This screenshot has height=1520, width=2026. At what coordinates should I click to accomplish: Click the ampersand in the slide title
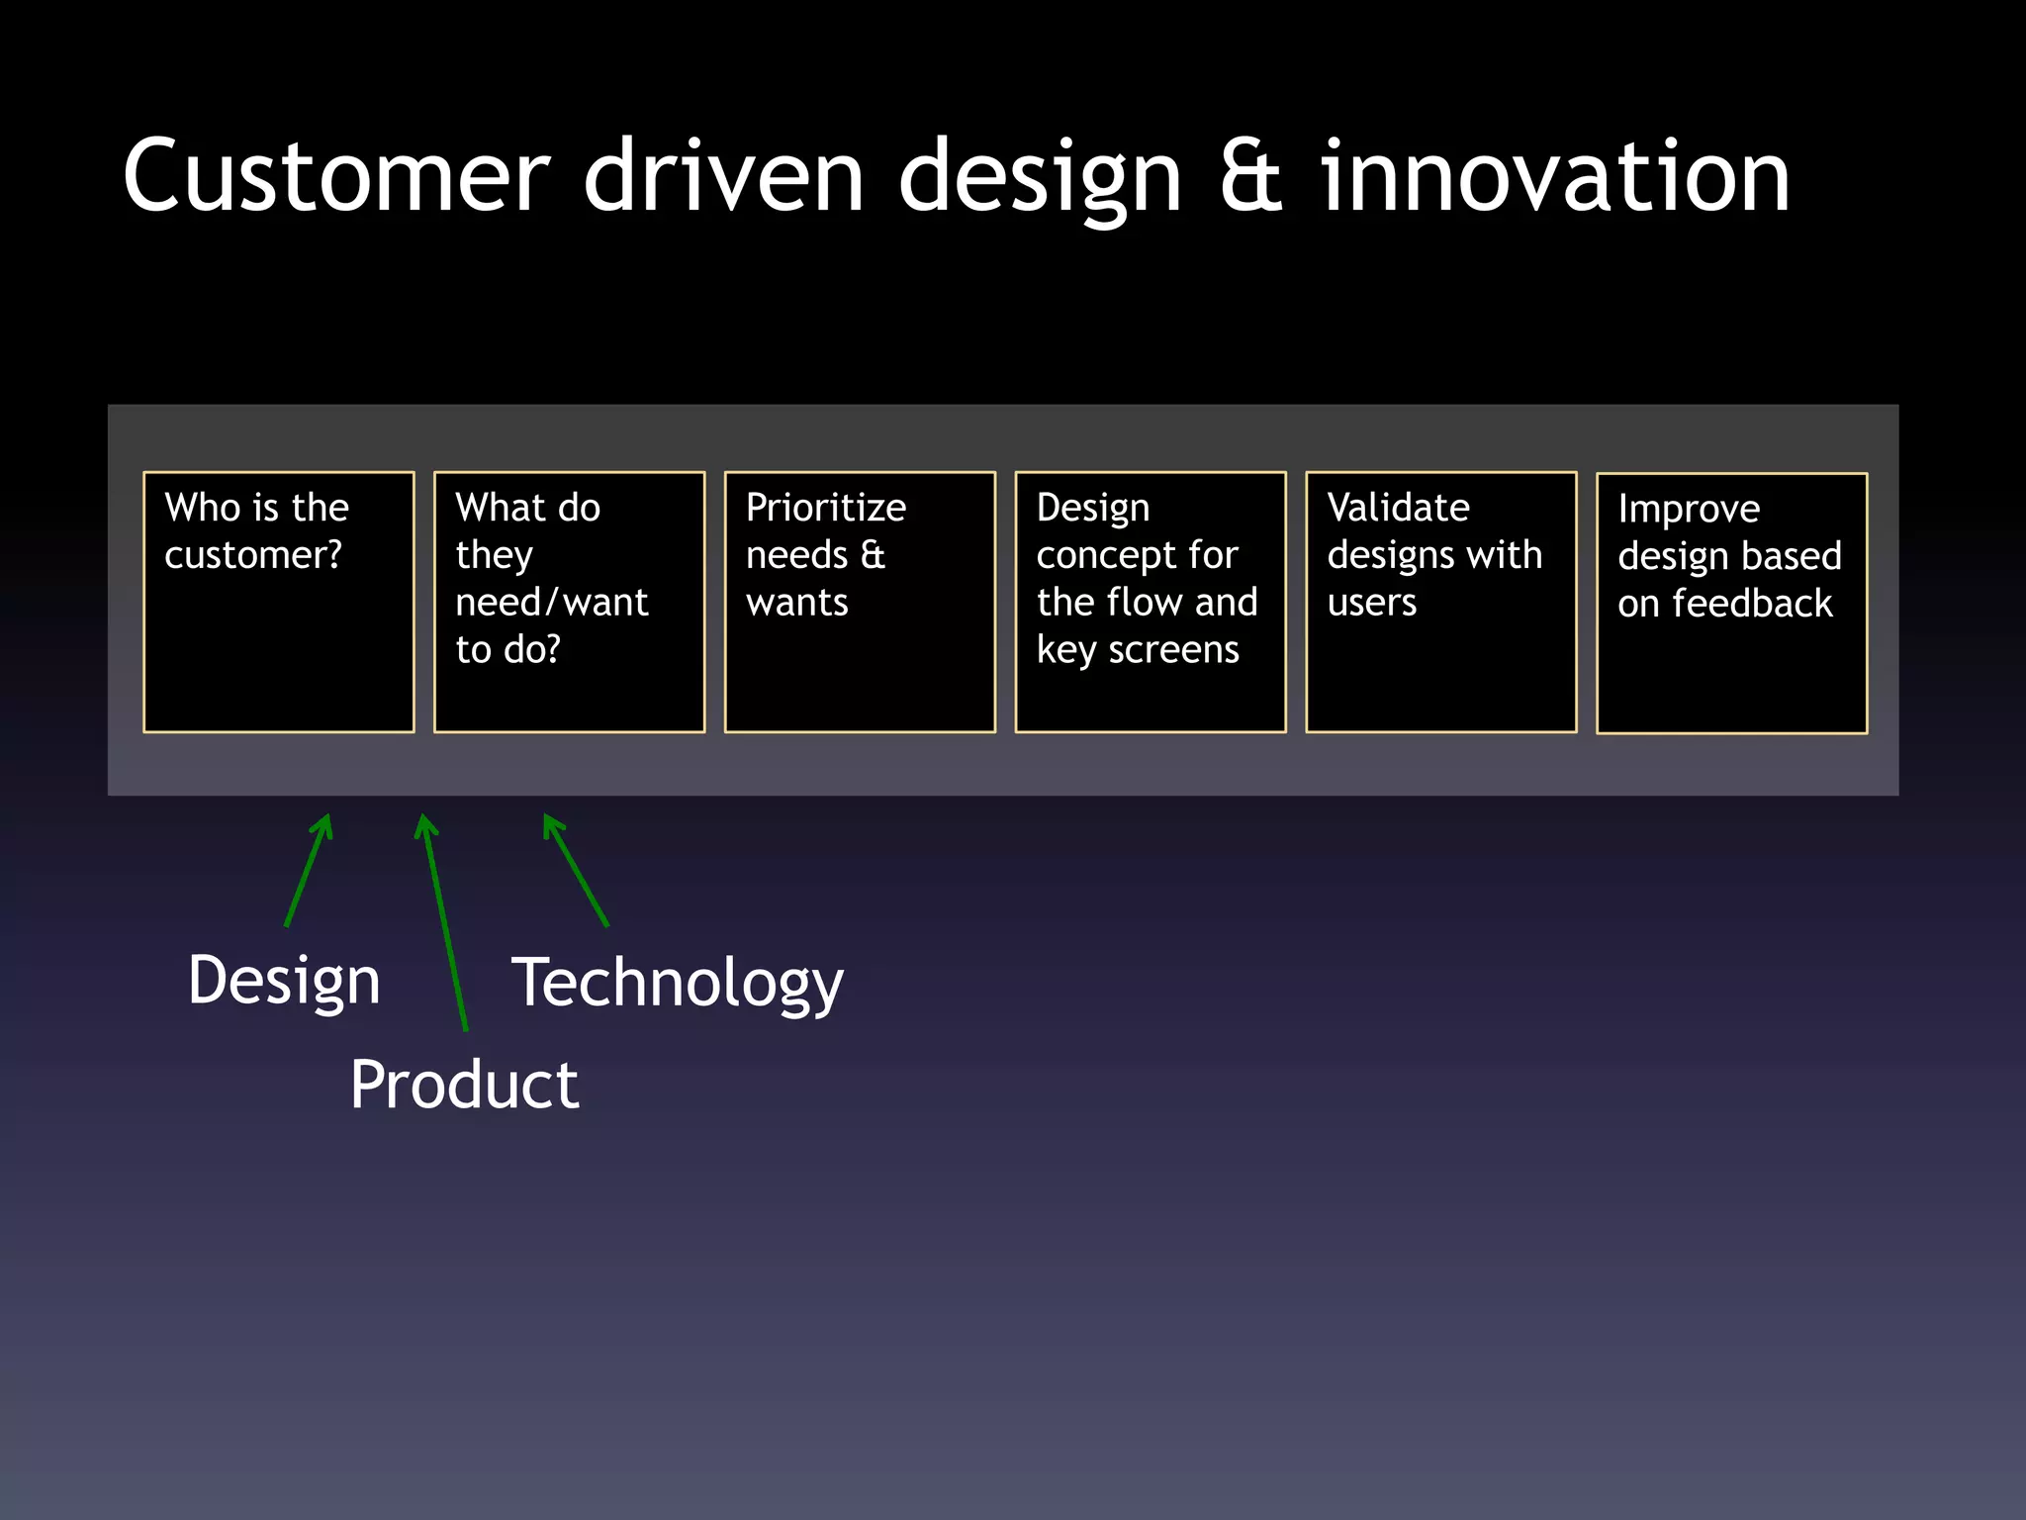coord(1250,178)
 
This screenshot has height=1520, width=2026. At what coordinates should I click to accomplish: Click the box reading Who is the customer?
coord(279,602)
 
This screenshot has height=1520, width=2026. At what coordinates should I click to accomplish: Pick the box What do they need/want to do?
coord(570,602)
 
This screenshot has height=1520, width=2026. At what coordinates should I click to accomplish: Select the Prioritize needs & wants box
coord(860,602)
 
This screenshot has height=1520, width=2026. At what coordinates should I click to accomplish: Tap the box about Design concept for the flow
coord(1151,602)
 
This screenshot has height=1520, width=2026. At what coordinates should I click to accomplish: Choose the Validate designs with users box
coord(1441,602)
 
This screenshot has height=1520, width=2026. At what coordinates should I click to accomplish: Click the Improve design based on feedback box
coord(1732,603)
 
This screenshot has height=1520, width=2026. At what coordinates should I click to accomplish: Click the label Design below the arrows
coord(284,981)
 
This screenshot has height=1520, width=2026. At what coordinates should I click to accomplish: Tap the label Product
coord(464,1085)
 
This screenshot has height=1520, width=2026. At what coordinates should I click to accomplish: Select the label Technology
coord(678,983)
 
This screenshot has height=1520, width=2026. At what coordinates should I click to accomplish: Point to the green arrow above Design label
coord(309,870)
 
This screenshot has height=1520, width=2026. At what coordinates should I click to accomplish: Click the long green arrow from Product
coord(444,920)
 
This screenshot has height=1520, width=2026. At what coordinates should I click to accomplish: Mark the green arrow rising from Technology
coord(576,870)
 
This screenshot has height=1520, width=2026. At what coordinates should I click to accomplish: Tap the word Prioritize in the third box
coord(826,507)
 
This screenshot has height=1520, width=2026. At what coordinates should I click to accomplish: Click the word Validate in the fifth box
coord(1398,507)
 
